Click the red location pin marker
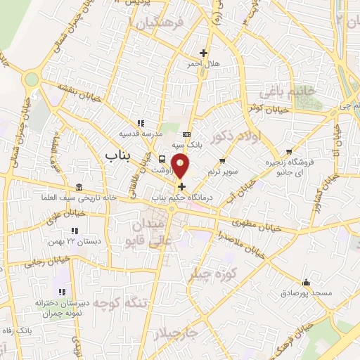[x=181, y=166]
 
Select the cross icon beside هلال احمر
[x=204, y=53]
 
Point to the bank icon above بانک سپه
[x=186, y=134]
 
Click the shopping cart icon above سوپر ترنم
[x=222, y=161]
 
